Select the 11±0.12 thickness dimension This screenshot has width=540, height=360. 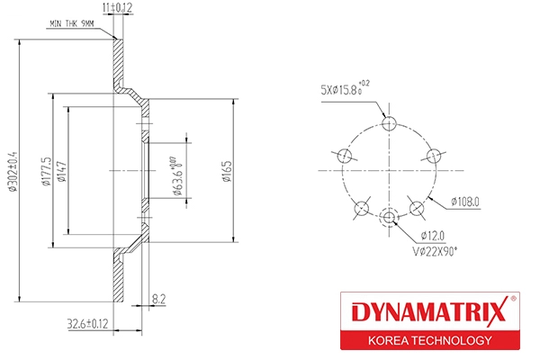pos(117,7)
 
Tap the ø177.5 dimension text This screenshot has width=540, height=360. pos(44,170)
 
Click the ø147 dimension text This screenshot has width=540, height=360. pos(60,170)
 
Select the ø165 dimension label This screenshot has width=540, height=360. pos(228,170)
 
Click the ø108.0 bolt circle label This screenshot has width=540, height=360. pos(459,203)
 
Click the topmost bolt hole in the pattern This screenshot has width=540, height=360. pos(389,122)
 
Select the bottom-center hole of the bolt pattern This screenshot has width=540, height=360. pos(389,219)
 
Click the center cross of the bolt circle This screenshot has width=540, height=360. pos(389,170)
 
